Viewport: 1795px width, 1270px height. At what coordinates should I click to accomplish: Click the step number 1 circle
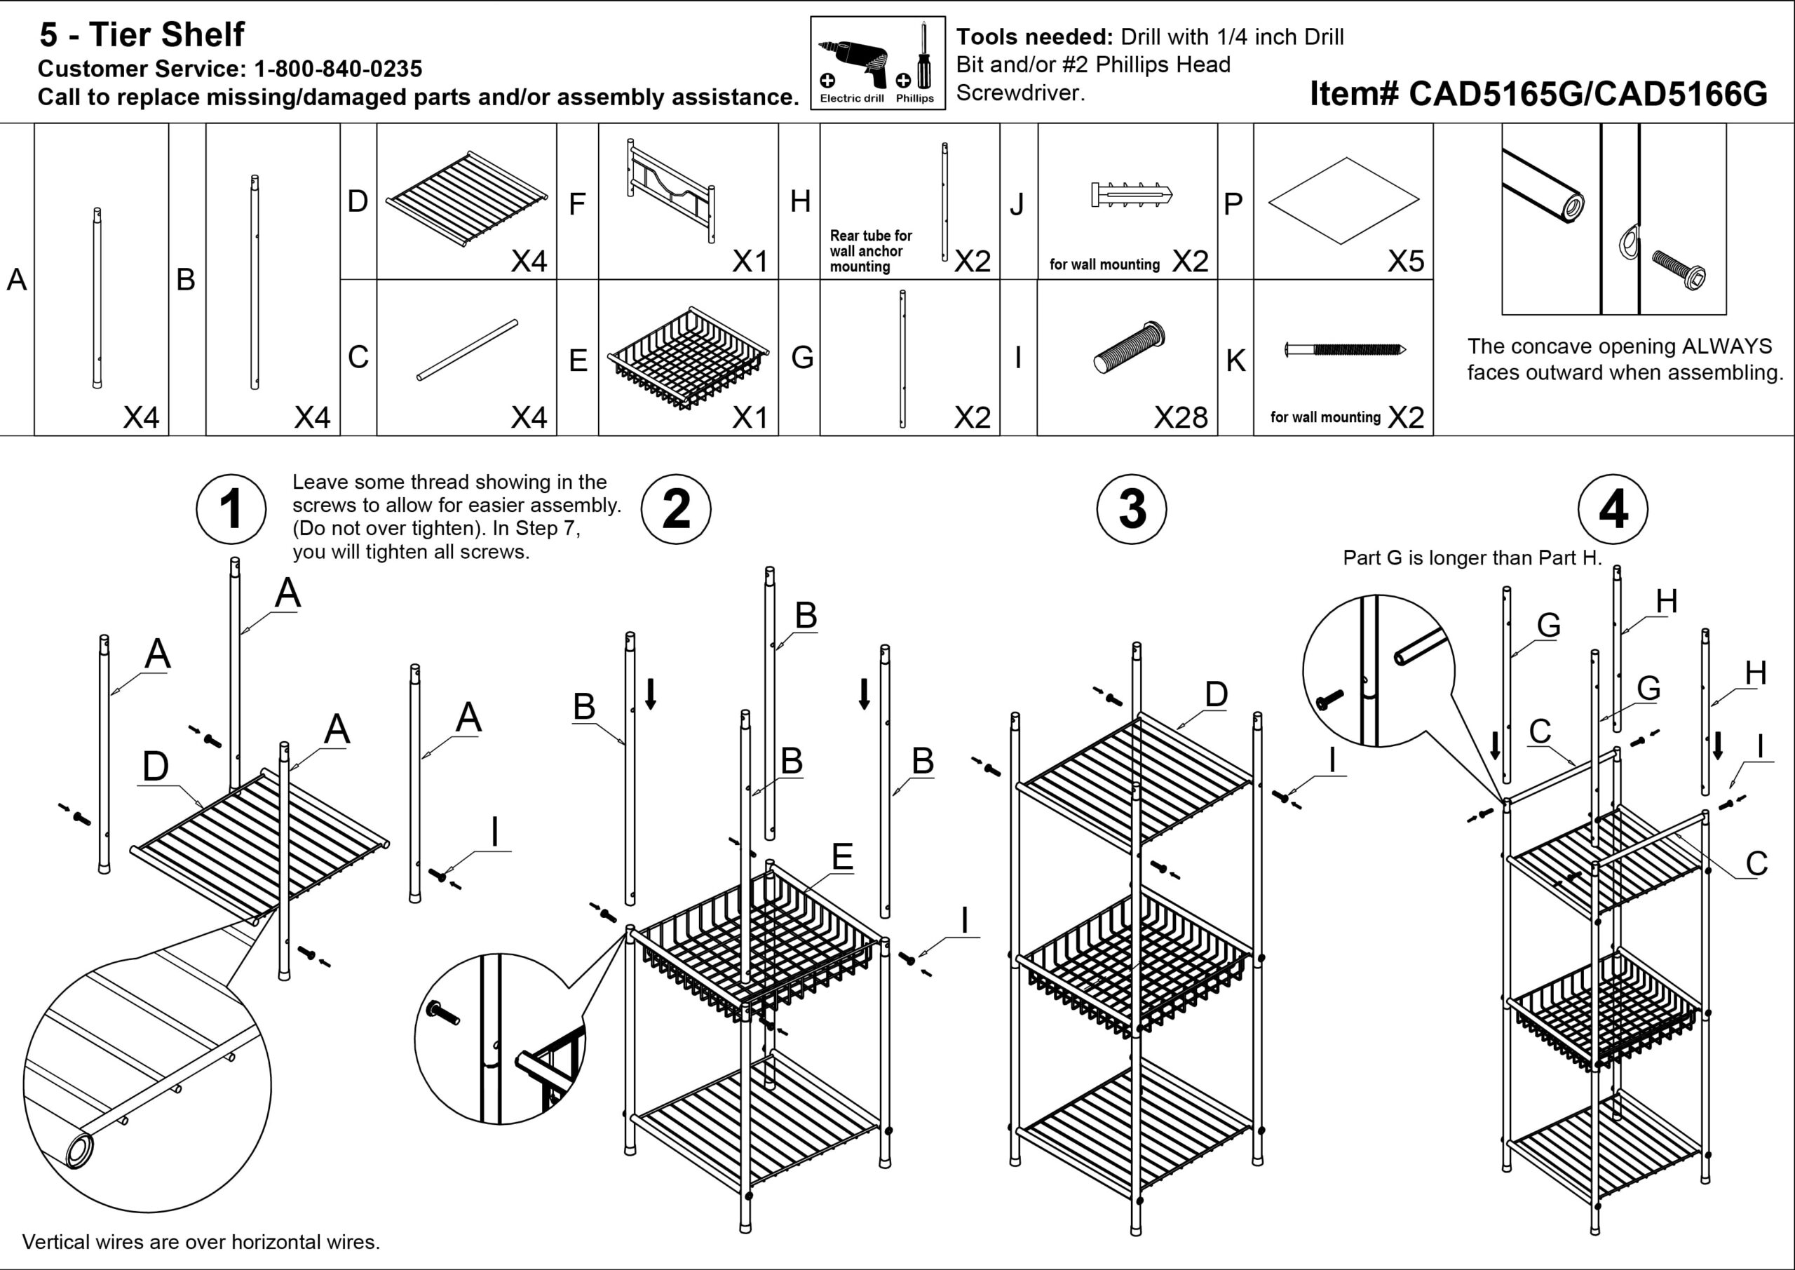(231, 509)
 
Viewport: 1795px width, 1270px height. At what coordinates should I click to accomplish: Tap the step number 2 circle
(675, 509)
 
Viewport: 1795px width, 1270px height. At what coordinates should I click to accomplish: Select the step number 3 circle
(1131, 509)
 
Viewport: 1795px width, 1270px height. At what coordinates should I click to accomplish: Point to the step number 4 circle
(1612, 509)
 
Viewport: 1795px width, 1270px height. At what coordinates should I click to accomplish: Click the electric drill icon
(854, 62)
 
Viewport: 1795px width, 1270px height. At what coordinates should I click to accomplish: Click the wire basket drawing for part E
(688, 358)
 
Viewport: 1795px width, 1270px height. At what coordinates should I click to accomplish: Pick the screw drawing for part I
(1130, 347)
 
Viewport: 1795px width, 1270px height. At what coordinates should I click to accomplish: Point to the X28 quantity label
(1181, 417)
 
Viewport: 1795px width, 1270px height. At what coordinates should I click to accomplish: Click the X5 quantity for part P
(1405, 261)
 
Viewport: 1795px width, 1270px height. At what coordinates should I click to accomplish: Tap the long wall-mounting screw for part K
(1345, 349)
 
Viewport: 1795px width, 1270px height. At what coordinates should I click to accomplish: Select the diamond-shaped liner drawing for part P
(1343, 200)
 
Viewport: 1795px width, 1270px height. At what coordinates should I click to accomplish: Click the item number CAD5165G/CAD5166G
(1538, 94)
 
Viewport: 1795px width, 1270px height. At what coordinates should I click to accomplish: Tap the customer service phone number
(338, 69)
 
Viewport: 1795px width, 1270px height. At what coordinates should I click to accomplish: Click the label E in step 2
(841, 857)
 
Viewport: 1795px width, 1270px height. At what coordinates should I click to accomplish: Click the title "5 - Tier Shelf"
(142, 34)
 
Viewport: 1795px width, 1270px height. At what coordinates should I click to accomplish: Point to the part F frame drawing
(670, 190)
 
